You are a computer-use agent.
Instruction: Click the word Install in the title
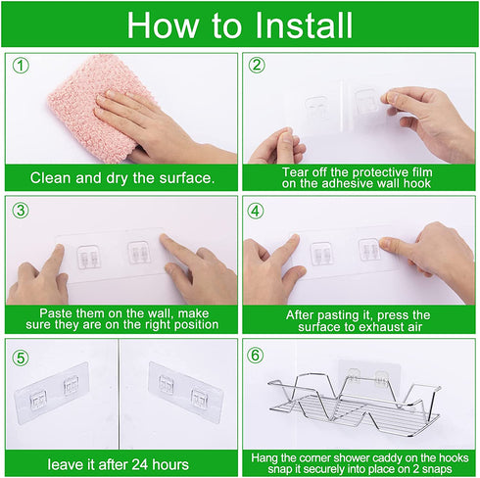[304, 25]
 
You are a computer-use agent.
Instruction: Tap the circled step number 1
[21, 66]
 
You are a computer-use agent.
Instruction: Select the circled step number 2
[257, 66]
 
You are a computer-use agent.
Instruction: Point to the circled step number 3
[21, 211]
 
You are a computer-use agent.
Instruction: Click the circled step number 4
[256, 211]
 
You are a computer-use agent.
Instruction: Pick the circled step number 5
[21, 358]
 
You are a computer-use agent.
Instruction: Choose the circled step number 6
[255, 356]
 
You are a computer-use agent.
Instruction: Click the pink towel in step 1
[95, 108]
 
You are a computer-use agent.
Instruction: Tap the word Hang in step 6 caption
[264, 458]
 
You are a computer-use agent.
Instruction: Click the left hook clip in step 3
[88, 257]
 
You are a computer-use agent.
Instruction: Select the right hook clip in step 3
[138, 252]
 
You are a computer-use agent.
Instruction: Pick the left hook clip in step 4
[320, 254]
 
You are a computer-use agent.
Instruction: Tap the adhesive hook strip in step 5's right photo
[185, 392]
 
